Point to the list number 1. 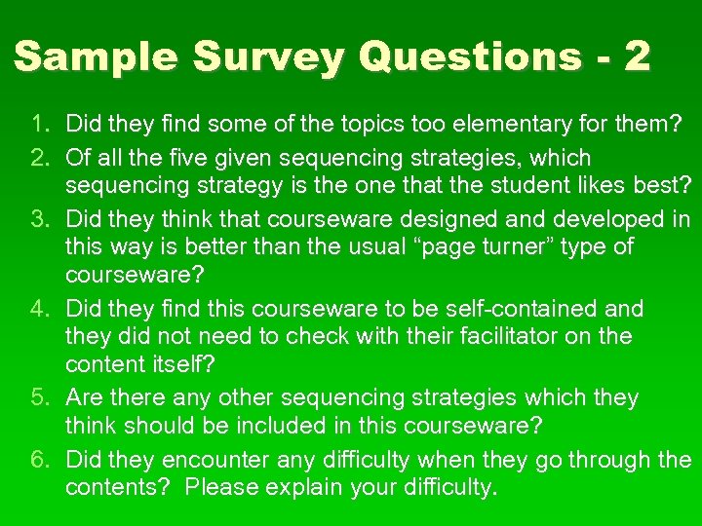[40, 125]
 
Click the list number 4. [40, 310]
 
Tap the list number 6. [40, 460]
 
